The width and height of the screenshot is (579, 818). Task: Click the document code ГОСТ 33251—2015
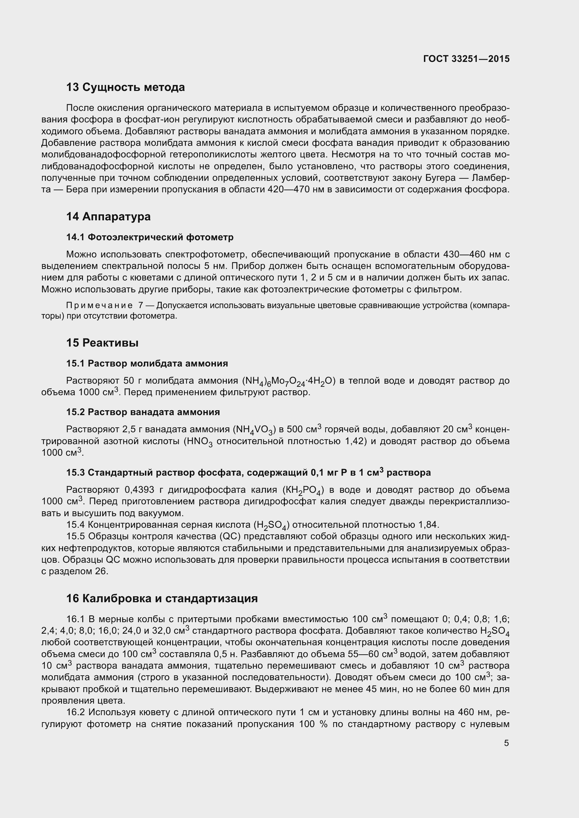point(466,59)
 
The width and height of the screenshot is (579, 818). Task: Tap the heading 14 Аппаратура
point(109,216)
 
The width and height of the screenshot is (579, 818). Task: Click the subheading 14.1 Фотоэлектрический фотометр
point(150,237)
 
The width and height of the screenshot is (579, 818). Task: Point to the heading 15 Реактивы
point(102,343)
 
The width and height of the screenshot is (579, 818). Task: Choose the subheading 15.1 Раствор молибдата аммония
point(147,363)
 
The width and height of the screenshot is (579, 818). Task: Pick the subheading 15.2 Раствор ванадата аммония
point(143,412)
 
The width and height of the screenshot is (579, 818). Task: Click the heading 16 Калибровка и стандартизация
point(162,598)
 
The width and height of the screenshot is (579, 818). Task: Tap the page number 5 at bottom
point(506,743)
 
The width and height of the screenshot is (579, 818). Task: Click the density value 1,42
point(355,441)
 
